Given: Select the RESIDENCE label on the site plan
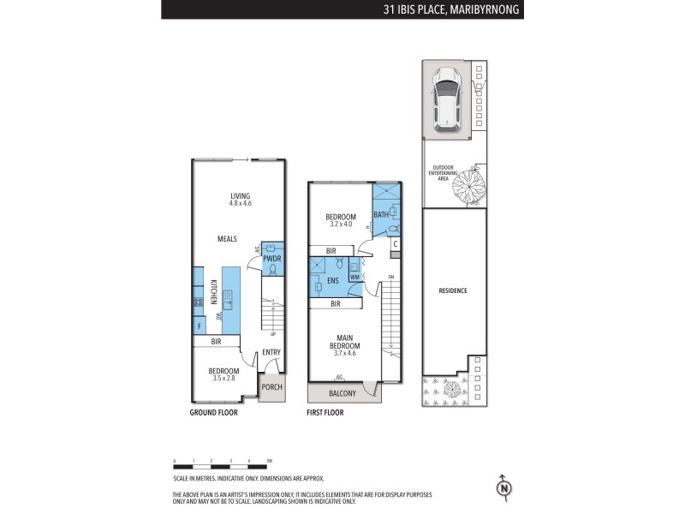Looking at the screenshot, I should click(453, 291).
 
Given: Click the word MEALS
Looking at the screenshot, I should click(227, 239).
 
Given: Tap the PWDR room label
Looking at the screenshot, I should click(271, 258).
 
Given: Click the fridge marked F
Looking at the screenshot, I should click(199, 326).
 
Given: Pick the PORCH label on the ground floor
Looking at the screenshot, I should click(271, 387).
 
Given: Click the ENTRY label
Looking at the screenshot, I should click(271, 352).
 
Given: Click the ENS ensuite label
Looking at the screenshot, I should click(332, 280).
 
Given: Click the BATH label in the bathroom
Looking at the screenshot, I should click(381, 214).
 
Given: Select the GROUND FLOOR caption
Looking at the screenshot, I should click(213, 412).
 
